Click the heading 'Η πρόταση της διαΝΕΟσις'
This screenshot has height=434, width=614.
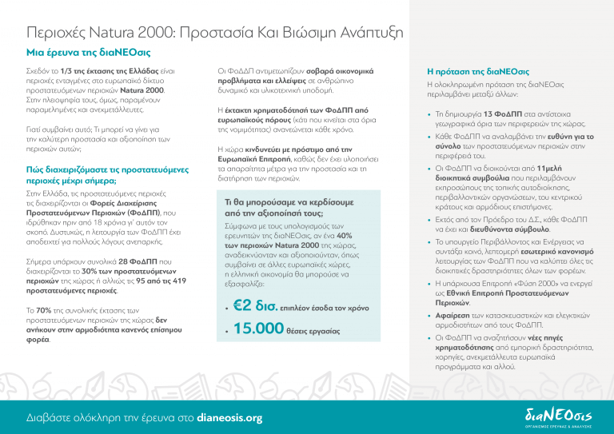(x=476, y=70)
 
